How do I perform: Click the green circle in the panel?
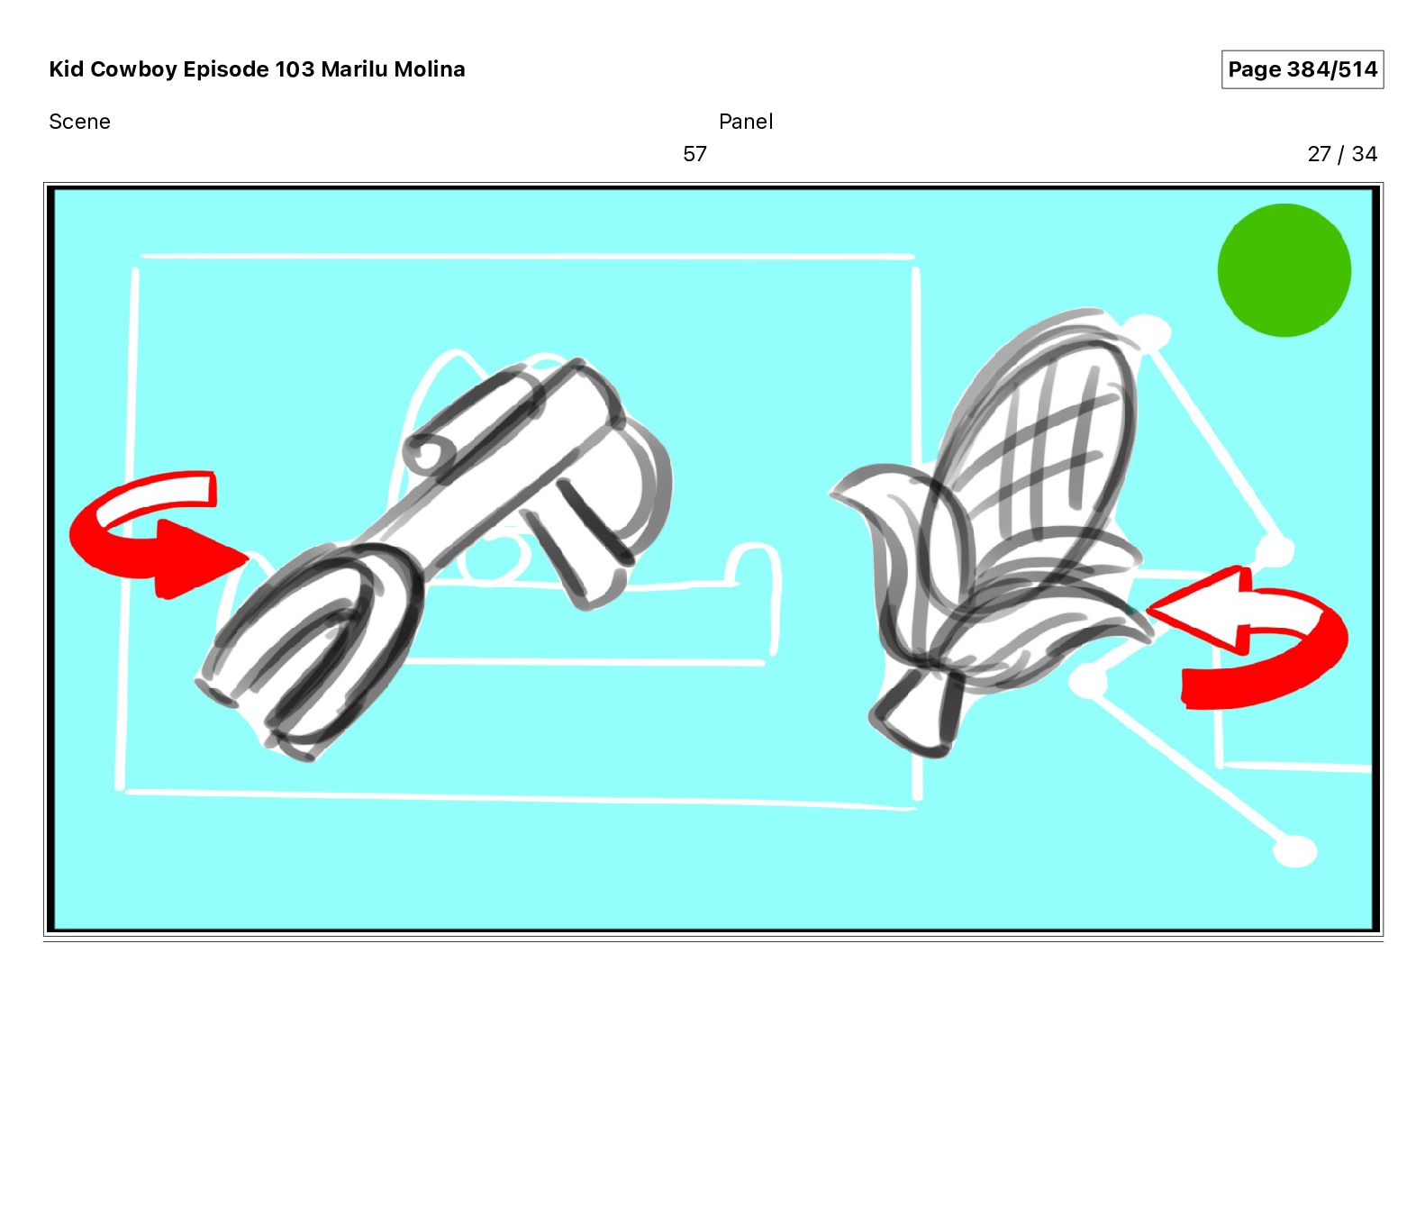click(x=1284, y=270)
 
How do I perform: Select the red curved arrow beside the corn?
click(x=1261, y=640)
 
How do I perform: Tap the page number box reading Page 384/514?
click(x=1302, y=69)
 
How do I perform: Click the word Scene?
click(x=79, y=122)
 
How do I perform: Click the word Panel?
click(x=746, y=122)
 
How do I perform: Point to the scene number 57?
click(x=694, y=154)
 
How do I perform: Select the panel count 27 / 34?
click(x=1341, y=154)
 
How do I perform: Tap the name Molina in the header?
click(x=430, y=69)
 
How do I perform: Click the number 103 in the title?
click(x=295, y=69)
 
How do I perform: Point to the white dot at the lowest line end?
click(x=1295, y=850)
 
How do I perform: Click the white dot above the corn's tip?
click(x=1148, y=331)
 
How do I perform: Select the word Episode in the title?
click(x=226, y=69)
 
